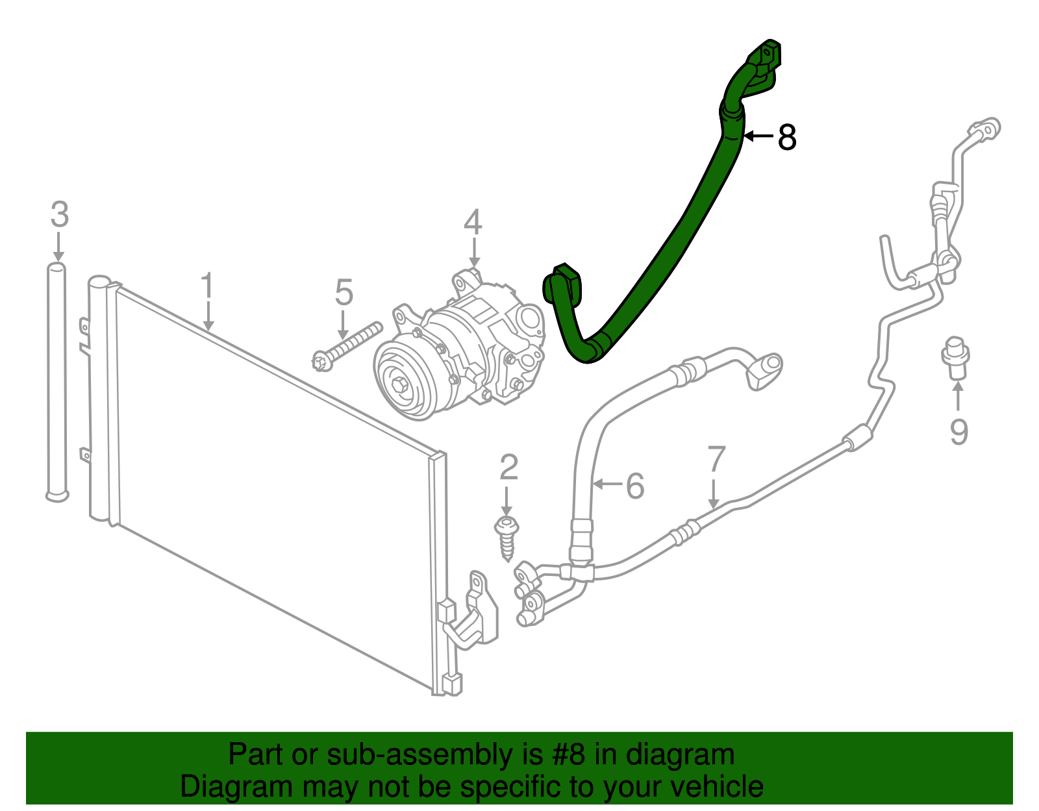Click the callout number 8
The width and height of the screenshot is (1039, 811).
pos(787,138)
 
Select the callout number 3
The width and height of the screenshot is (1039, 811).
pos(59,215)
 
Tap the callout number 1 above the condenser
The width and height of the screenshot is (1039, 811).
pos(207,286)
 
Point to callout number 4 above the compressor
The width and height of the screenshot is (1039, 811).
pos(473,222)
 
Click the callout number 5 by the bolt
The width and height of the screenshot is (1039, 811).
pos(344,292)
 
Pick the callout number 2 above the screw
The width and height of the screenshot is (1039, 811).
pos(508,468)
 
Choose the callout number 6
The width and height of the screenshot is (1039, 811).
pos(634,486)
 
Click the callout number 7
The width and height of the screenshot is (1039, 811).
pos(716,459)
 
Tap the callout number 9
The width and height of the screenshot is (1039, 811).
pos(958,432)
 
